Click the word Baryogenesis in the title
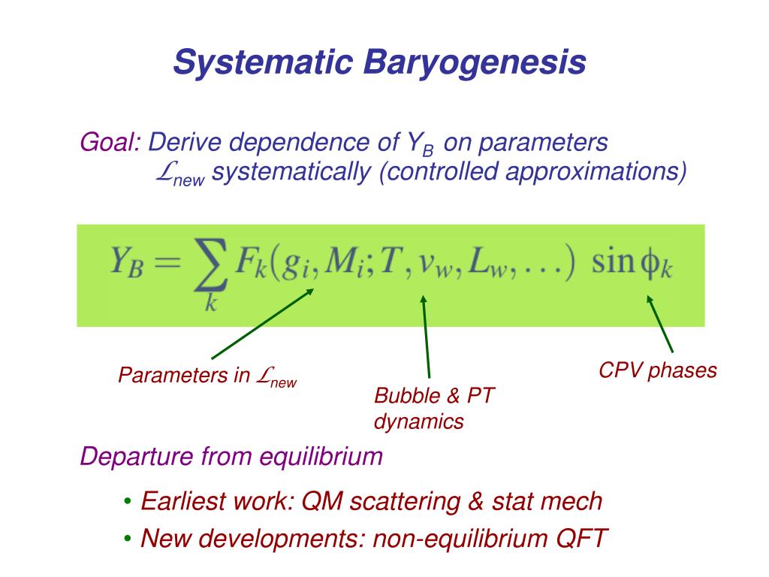coord(475,63)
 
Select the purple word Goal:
coord(111,141)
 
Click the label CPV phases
coord(658,370)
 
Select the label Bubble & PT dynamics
coord(434,409)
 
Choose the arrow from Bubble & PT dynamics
coord(426,335)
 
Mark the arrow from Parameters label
coord(262,324)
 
